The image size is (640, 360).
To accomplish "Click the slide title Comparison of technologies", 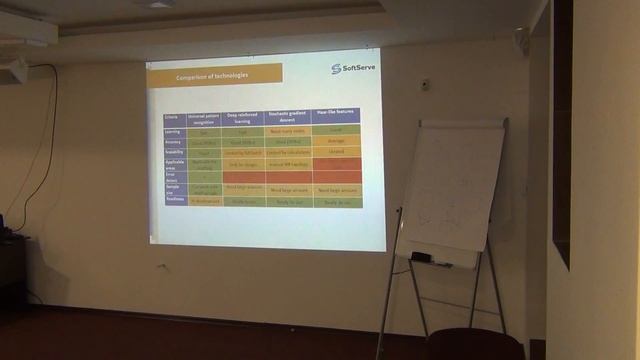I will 213,76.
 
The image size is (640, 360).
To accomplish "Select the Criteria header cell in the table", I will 174,117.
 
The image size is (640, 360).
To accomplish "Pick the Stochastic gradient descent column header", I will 288,117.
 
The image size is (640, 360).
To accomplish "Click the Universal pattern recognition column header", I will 203,117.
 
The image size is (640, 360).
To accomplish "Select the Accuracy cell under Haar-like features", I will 335,142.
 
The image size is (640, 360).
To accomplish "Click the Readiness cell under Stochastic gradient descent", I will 288,202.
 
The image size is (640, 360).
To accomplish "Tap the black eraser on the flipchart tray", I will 421,257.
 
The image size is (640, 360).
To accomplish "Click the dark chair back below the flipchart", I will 474,345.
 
